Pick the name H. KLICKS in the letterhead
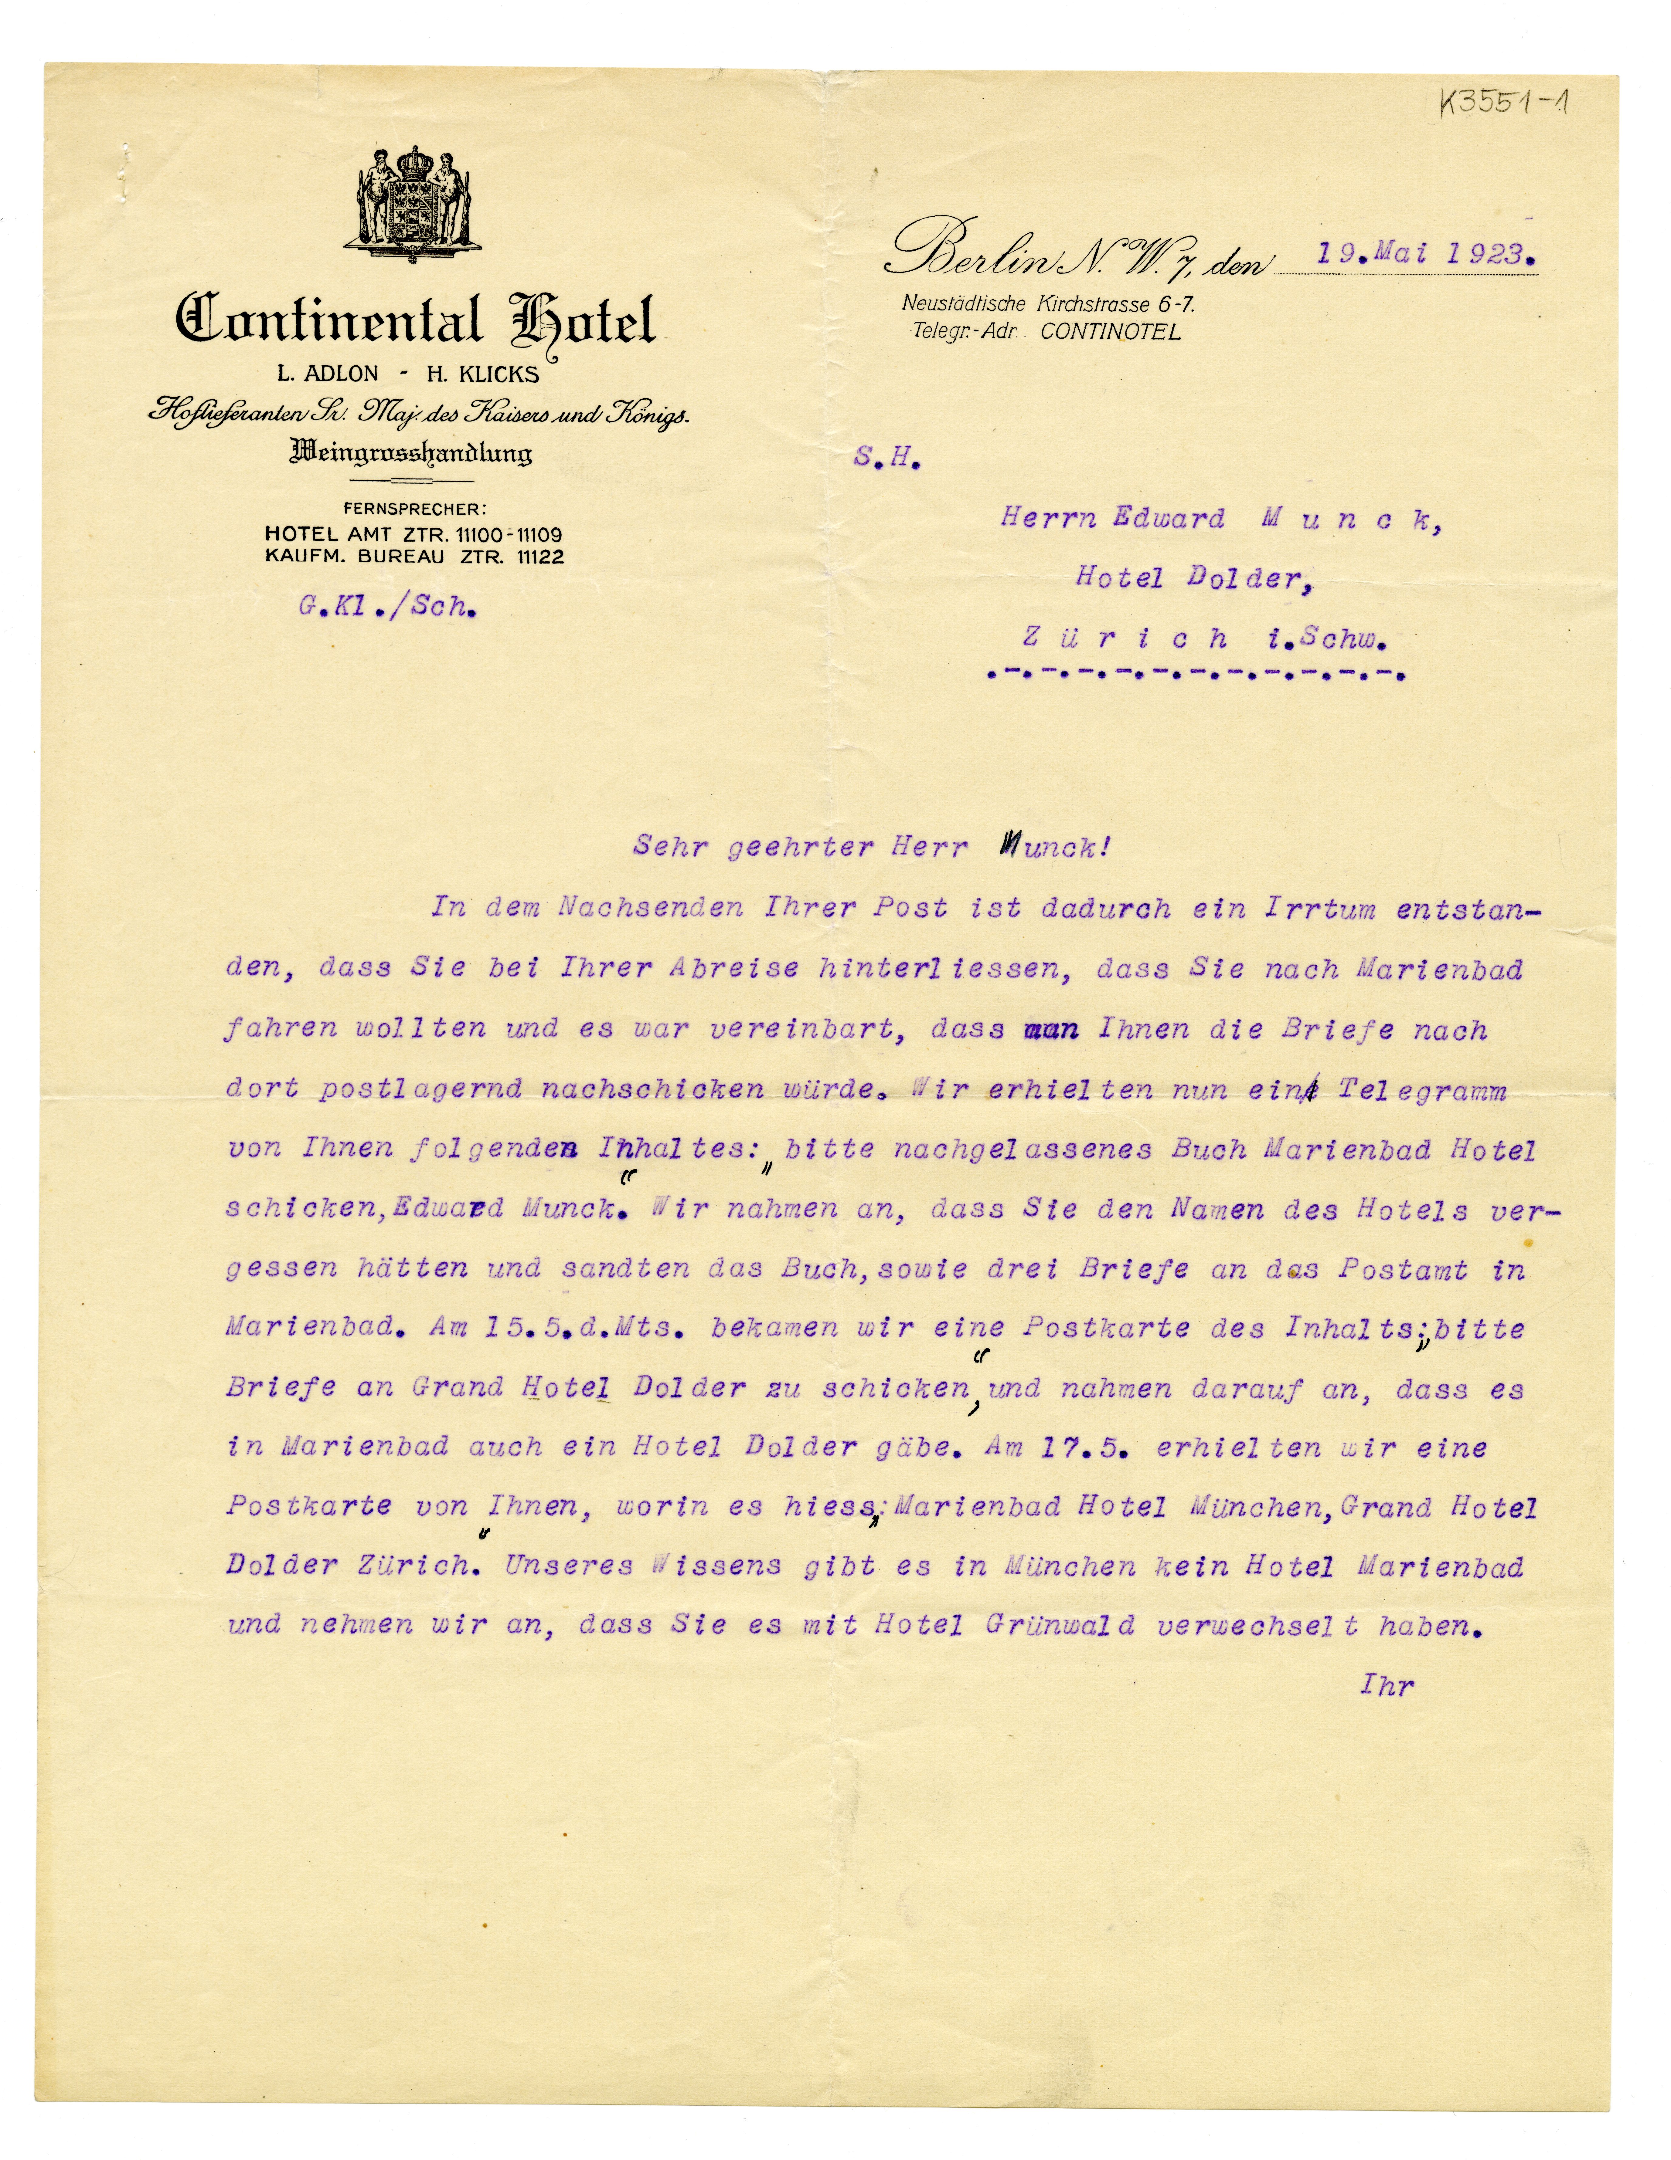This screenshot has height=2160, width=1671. point(482,374)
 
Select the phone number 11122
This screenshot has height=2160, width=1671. point(541,557)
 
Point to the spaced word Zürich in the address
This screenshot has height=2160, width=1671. point(1125,639)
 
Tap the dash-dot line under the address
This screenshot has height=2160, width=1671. point(1196,676)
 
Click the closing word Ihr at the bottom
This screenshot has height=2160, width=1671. point(1387,1685)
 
